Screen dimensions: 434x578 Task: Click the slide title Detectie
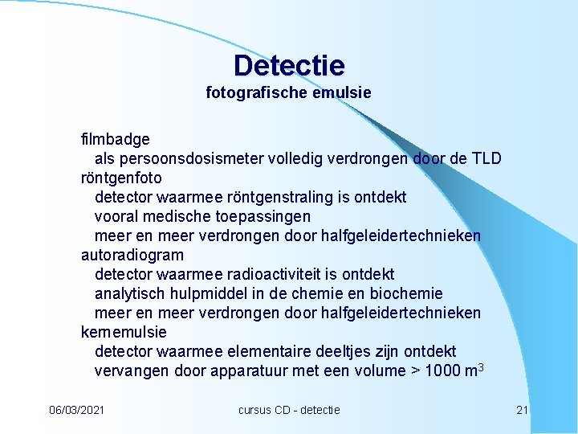pos(289,65)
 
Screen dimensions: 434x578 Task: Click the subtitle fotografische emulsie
pos(289,93)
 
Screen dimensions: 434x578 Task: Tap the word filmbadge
pos(116,139)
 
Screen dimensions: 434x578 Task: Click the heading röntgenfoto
pos(121,178)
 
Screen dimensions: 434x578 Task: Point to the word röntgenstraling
pos(269,197)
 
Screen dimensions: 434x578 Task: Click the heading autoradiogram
pos(132,255)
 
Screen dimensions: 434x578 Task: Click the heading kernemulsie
pos(124,332)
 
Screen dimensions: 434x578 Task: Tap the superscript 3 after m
pos(479,366)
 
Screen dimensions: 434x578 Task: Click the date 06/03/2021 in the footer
pos(76,410)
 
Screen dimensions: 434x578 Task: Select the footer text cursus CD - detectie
pos(289,410)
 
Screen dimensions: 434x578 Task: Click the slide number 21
pos(523,410)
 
